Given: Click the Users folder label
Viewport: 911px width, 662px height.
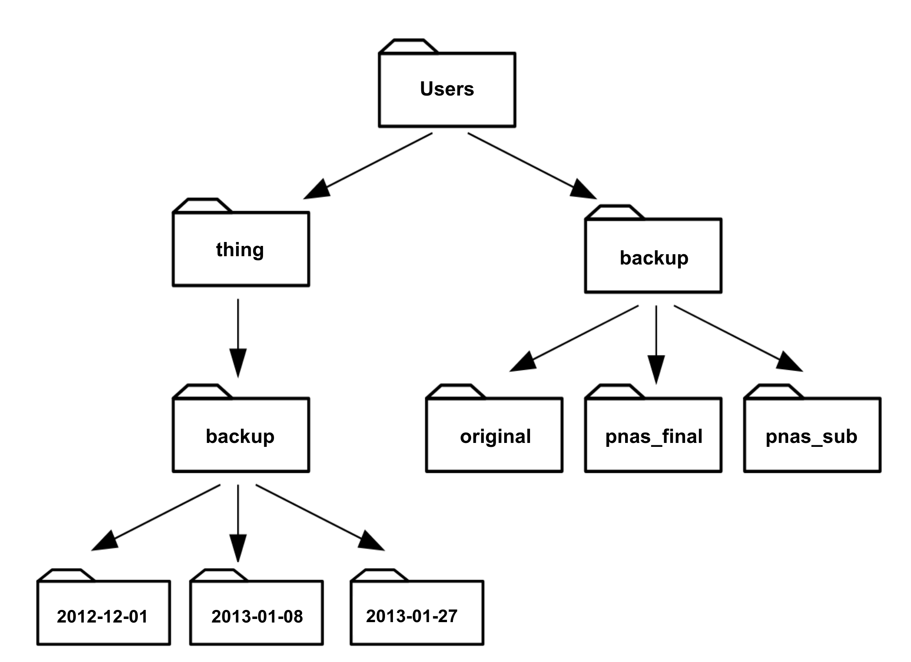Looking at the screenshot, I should [447, 89].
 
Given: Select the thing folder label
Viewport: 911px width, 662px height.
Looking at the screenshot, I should [240, 249].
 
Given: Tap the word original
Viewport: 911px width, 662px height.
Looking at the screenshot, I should [495, 436].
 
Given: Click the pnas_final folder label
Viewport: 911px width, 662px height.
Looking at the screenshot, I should [654, 436].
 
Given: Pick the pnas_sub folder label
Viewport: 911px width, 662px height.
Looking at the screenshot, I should [811, 436].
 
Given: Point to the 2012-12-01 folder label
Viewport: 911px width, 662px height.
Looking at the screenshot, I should [102, 617].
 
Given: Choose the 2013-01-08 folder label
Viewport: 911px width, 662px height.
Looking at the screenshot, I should [257, 617].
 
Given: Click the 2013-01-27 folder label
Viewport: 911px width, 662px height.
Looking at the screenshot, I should [412, 616].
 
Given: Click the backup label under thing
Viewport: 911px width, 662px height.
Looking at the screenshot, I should [240, 436].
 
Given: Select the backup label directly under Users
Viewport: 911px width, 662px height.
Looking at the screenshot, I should [654, 258].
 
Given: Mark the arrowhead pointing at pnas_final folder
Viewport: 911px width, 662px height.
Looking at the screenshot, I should [656, 369].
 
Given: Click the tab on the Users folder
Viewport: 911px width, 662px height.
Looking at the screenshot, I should [408, 46].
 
